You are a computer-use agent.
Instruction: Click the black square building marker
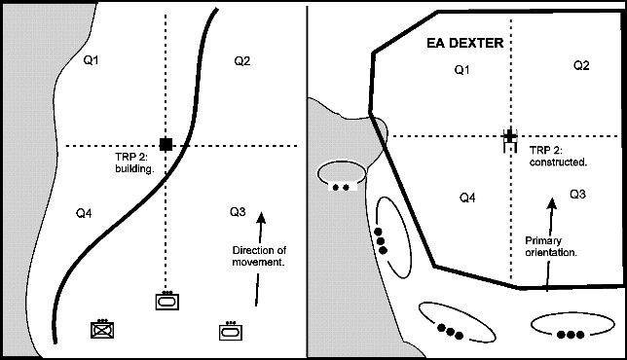166,144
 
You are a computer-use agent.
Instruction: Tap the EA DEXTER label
465,43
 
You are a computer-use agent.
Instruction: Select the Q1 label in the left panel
91,60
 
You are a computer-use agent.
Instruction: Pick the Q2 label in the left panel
241,60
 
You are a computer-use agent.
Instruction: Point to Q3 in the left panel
238,212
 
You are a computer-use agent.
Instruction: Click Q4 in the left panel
84,213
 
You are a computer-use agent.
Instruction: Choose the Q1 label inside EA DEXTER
461,70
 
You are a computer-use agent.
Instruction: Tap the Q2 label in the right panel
581,65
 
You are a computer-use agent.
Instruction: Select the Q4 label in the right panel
467,198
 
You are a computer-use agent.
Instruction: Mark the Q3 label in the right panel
577,195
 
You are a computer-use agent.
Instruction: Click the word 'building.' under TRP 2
134,169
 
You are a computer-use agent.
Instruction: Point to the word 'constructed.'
558,162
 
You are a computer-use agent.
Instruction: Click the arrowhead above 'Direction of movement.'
261,218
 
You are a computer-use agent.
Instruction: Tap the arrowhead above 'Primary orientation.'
552,203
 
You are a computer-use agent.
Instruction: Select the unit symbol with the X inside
102,330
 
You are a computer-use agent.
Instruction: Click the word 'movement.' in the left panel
258,263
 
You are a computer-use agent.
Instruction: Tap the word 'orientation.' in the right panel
551,253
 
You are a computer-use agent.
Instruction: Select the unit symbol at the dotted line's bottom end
167,301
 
